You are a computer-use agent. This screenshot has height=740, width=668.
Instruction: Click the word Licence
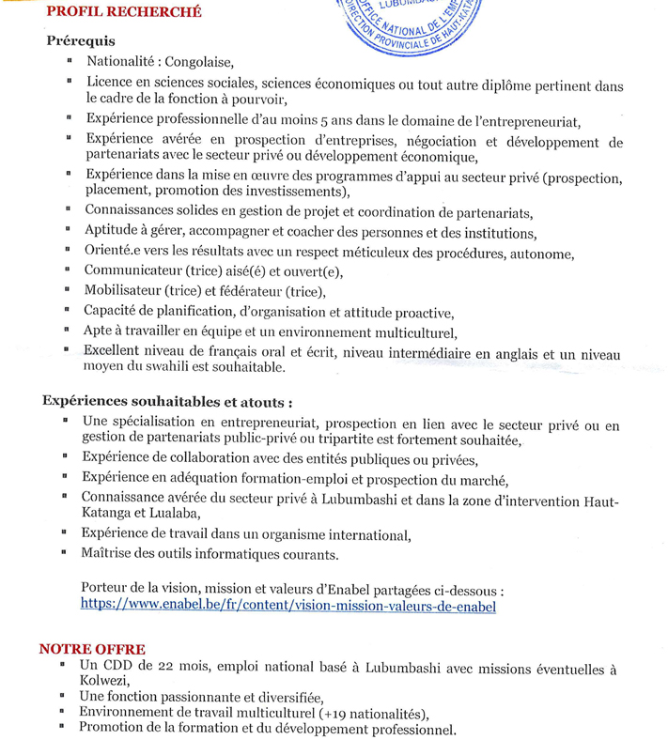111,85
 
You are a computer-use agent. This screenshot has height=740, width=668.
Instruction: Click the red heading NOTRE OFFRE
92,649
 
